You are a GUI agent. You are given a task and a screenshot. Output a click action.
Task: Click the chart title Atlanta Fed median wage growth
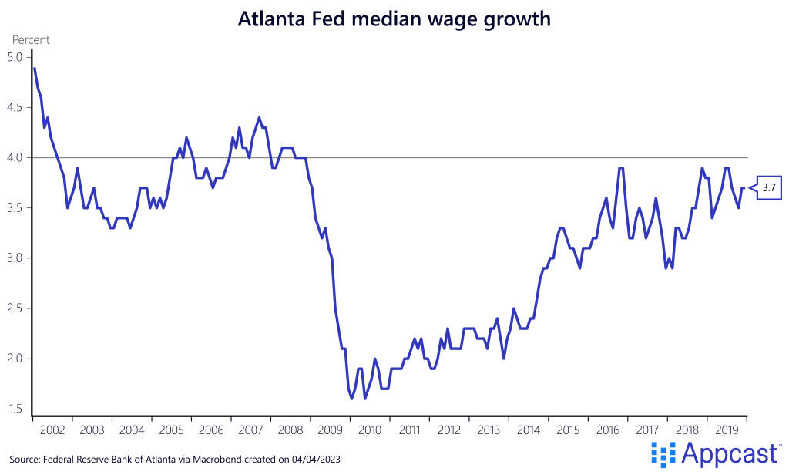coord(394,19)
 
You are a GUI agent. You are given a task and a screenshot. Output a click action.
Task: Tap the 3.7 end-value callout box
coord(767,187)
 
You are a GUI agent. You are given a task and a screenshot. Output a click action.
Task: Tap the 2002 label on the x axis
coord(52,430)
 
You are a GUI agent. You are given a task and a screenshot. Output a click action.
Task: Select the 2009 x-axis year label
coord(330,430)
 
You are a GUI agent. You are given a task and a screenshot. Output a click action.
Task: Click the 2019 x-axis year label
coord(727,430)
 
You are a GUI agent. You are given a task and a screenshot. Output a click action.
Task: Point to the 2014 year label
coord(529,430)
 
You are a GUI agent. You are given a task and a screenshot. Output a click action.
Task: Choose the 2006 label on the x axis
coord(211,430)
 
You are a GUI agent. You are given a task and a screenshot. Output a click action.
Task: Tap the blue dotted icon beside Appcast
coord(663,455)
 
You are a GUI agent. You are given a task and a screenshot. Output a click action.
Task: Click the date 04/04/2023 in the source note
coord(315,460)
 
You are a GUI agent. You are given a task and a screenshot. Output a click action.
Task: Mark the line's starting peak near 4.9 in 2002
coord(34,69)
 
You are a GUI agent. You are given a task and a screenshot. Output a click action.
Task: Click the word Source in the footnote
coord(25,460)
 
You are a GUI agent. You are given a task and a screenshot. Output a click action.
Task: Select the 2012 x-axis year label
coord(449,430)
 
